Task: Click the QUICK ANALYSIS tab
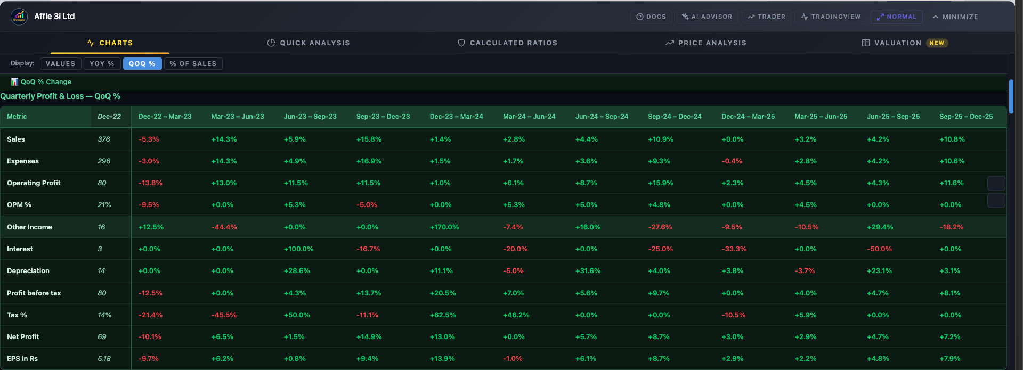point(308,43)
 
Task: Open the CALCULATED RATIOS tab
point(507,43)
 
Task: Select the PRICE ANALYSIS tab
point(706,43)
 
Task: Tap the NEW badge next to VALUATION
point(937,43)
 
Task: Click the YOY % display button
point(102,64)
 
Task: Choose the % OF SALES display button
point(193,64)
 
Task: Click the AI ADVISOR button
point(707,17)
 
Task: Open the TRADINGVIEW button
point(831,17)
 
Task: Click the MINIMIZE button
point(955,17)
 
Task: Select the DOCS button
point(651,17)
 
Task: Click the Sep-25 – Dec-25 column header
point(966,117)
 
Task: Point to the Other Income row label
point(29,227)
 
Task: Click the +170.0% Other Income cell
point(444,227)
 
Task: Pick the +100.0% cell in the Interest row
point(298,249)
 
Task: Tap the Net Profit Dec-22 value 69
point(102,337)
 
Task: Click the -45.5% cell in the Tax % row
point(224,315)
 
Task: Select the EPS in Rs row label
point(22,359)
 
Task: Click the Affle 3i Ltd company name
point(54,17)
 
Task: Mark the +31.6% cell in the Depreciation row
point(588,271)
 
